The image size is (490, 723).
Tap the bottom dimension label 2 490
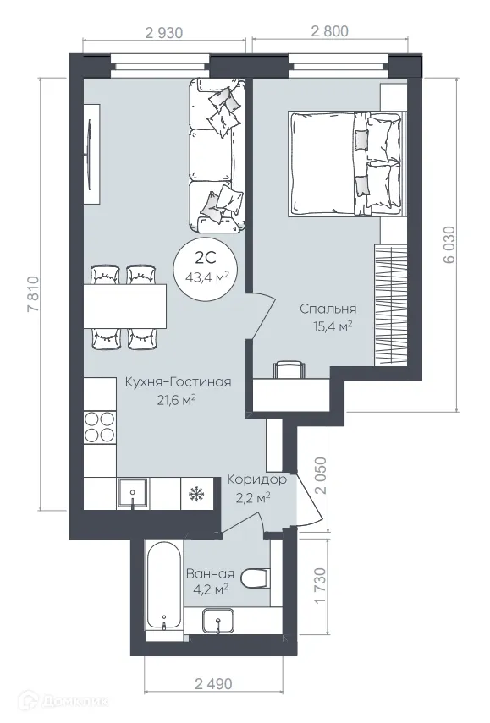pyautogui.click(x=213, y=682)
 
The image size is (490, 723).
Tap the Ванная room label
pyautogui.click(x=210, y=581)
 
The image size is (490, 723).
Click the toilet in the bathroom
pyautogui.click(x=255, y=578)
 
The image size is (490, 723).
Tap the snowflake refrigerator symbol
pyautogui.click(x=195, y=492)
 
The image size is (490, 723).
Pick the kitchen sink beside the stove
pyautogui.click(x=133, y=492)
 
